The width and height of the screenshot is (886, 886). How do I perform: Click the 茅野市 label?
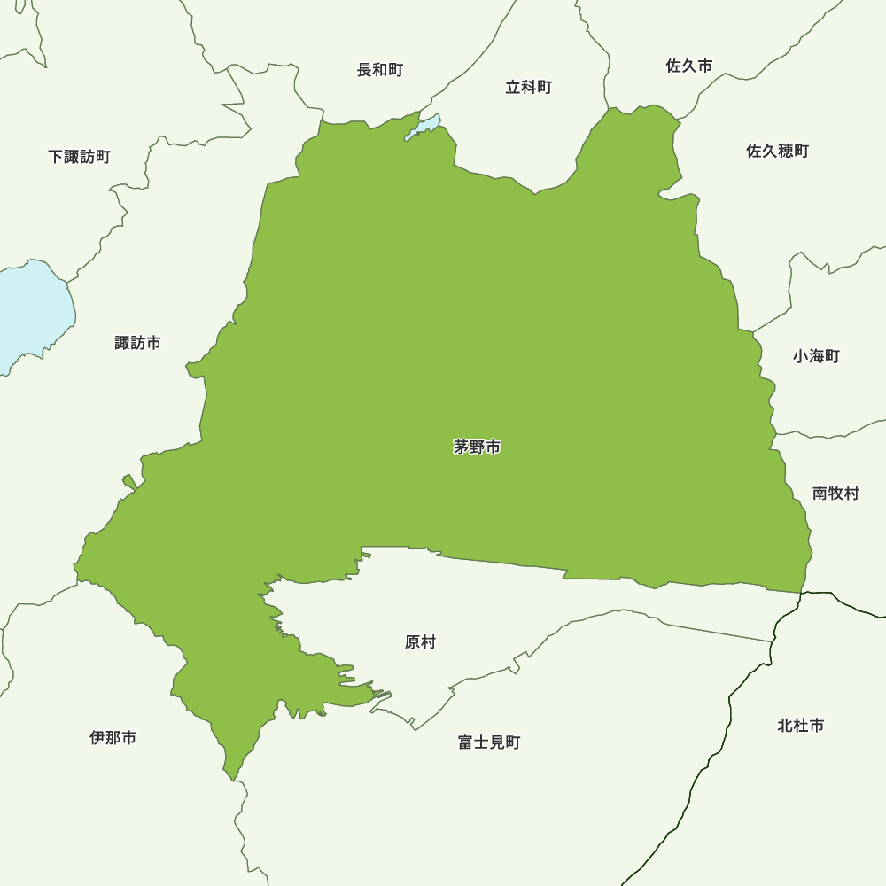click(477, 448)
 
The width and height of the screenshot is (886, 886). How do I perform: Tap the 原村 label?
click(420, 642)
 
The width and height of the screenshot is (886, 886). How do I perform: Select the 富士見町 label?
click(489, 742)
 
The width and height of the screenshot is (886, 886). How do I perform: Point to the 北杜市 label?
click(800, 726)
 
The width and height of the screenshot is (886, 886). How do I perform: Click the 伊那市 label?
click(113, 738)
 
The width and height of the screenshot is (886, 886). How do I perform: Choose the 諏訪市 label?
click(138, 343)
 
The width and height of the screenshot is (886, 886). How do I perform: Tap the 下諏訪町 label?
click(80, 157)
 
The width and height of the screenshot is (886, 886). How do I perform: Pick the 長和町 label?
click(380, 70)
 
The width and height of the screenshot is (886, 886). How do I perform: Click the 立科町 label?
click(529, 87)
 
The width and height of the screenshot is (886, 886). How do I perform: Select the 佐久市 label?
click(688, 66)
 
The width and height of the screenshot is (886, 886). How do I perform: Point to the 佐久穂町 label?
click(777, 151)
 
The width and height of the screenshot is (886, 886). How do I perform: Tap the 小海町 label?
click(816, 356)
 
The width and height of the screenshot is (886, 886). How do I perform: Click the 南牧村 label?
click(835, 494)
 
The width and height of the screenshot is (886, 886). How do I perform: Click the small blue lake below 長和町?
click(424, 128)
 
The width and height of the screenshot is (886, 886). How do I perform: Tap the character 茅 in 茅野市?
click(462, 448)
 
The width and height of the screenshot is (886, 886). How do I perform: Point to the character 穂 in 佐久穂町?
click(785, 151)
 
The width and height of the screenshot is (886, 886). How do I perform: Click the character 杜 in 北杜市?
click(800, 726)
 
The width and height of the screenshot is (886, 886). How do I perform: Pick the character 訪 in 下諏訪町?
click(88, 157)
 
